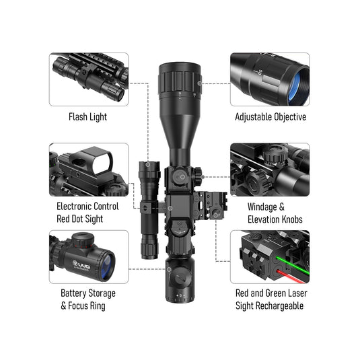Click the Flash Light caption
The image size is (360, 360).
(87, 117)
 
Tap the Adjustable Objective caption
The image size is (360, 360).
(271, 117)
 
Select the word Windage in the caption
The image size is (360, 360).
(262, 207)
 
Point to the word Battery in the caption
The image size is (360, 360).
(73, 293)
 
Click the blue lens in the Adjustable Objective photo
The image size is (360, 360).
(295, 87)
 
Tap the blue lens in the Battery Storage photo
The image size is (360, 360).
(106, 266)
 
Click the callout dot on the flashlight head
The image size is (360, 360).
(148, 164)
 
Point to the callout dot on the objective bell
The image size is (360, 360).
(200, 83)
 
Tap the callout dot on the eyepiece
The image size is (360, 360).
(169, 269)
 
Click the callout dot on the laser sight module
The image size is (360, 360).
(215, 215)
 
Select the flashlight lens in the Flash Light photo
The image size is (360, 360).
(120, 95)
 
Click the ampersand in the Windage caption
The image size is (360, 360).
(282, 207)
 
